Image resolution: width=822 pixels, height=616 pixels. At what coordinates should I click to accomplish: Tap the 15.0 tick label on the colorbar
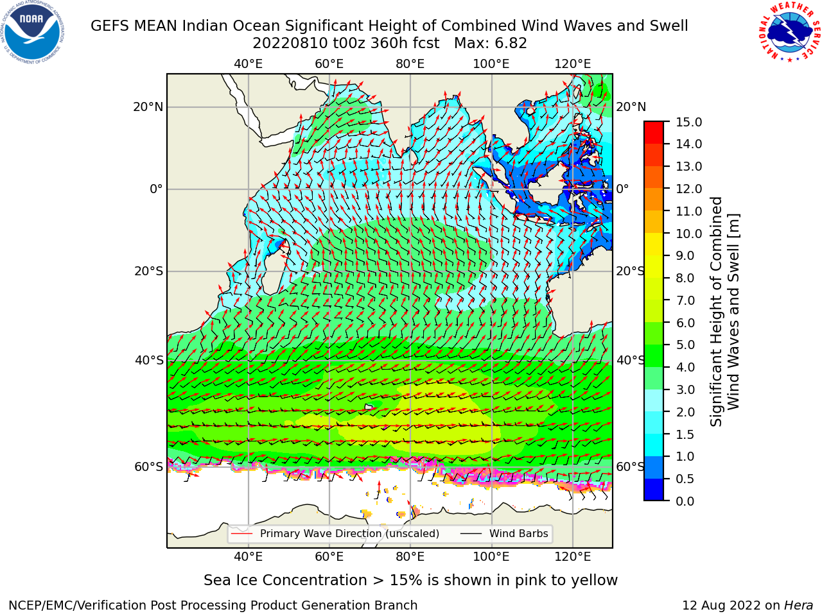coord(688,122)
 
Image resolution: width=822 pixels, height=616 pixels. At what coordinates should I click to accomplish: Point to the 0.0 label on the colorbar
coord(685,501)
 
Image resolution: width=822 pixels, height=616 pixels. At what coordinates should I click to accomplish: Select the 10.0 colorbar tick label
coord(688,234)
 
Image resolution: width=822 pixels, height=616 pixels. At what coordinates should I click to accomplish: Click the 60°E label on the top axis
coord(329,64)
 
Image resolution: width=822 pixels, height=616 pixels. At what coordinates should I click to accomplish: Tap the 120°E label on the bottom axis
coord(573,557)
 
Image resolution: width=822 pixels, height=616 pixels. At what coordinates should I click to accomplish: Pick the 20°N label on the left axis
coord(148,107)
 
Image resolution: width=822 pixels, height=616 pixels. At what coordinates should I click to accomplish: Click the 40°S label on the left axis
coord(149,361)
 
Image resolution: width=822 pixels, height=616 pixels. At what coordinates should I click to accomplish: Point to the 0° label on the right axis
coord(622,189)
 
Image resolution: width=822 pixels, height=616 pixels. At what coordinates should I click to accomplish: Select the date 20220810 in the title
coord(290,44)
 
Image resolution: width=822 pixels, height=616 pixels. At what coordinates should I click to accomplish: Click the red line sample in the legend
coord(242,534)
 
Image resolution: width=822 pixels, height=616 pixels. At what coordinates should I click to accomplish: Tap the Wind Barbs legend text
coord(519,534)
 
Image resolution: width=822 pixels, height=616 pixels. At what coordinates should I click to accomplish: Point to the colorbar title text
coord(724,312)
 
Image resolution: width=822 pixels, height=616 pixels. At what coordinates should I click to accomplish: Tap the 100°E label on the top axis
coord(491,64)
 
